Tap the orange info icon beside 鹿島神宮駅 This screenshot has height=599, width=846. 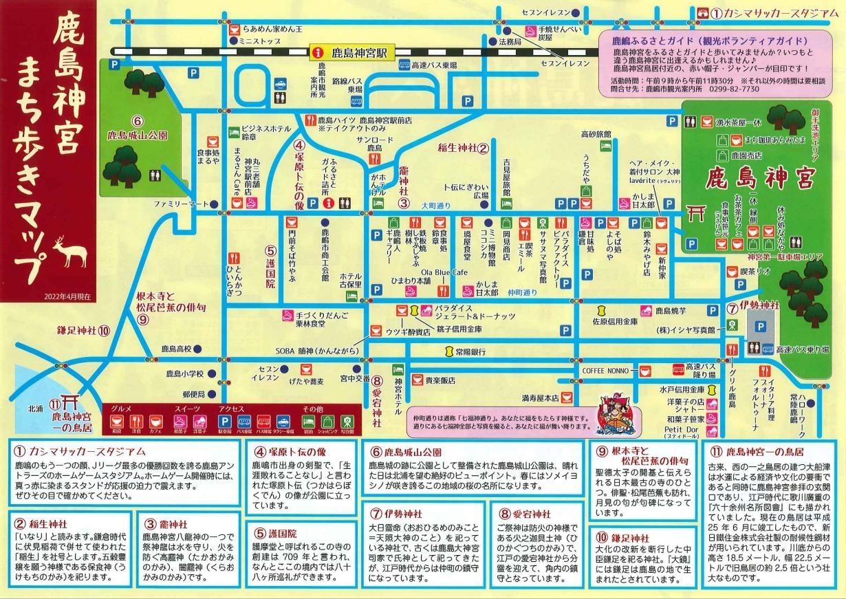pyautogui.click(x=318, y=52)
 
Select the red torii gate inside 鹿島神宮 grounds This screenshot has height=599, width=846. pyautogui.click(x=696, y=215)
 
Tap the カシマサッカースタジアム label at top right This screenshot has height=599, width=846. pyautogui.click(x=773, y=13)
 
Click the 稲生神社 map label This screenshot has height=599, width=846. pyautogui.click(x=463, y=147)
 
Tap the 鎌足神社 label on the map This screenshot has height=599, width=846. pyautogui.click(x=84, y=330)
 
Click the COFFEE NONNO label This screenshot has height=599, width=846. pyautogui.click(x=605, y=370)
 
